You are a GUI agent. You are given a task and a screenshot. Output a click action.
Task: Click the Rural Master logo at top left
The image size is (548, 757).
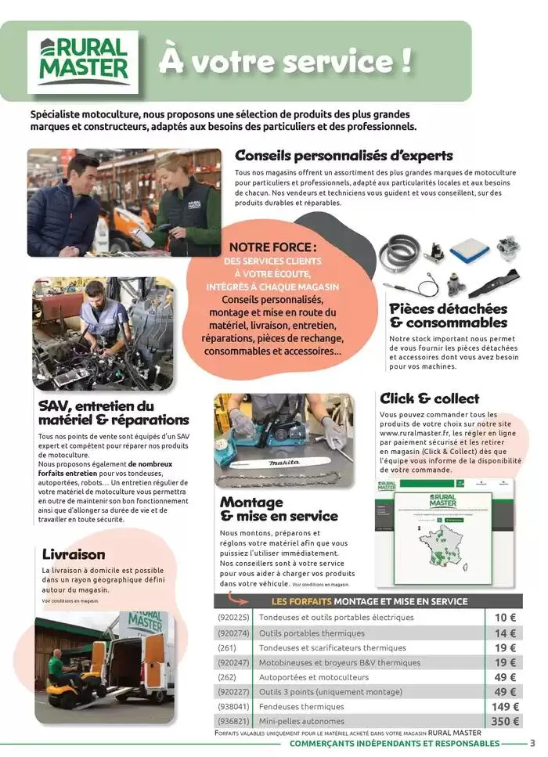tap(83, 61)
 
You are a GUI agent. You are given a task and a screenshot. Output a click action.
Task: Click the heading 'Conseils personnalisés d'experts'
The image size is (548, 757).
tap(344, 155)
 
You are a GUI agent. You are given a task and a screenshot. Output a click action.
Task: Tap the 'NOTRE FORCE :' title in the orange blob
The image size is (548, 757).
tap(273, 247)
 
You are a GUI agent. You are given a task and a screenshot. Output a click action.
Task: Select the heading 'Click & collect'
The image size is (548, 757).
tap(429, 398)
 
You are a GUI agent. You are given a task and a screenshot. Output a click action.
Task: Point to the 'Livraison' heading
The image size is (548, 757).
tap(74, 554)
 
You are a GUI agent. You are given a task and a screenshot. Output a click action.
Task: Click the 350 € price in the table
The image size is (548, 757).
tap(504, 721)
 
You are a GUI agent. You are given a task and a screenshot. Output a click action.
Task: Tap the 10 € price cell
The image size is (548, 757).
tap(505, 618)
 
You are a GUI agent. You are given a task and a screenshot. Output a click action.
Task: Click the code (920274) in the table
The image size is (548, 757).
tap(233, 633)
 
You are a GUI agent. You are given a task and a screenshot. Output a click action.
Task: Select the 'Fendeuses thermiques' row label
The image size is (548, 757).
tap(301, 707)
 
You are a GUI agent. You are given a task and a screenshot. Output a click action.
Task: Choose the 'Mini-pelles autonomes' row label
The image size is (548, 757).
tap(302, 722)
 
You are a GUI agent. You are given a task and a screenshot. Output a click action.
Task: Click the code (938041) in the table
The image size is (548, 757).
tap(233, 707)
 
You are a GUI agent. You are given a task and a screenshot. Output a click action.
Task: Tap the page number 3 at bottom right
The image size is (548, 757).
tap(532, 744)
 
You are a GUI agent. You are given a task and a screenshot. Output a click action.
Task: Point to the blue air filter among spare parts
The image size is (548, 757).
tap(469, 250)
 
